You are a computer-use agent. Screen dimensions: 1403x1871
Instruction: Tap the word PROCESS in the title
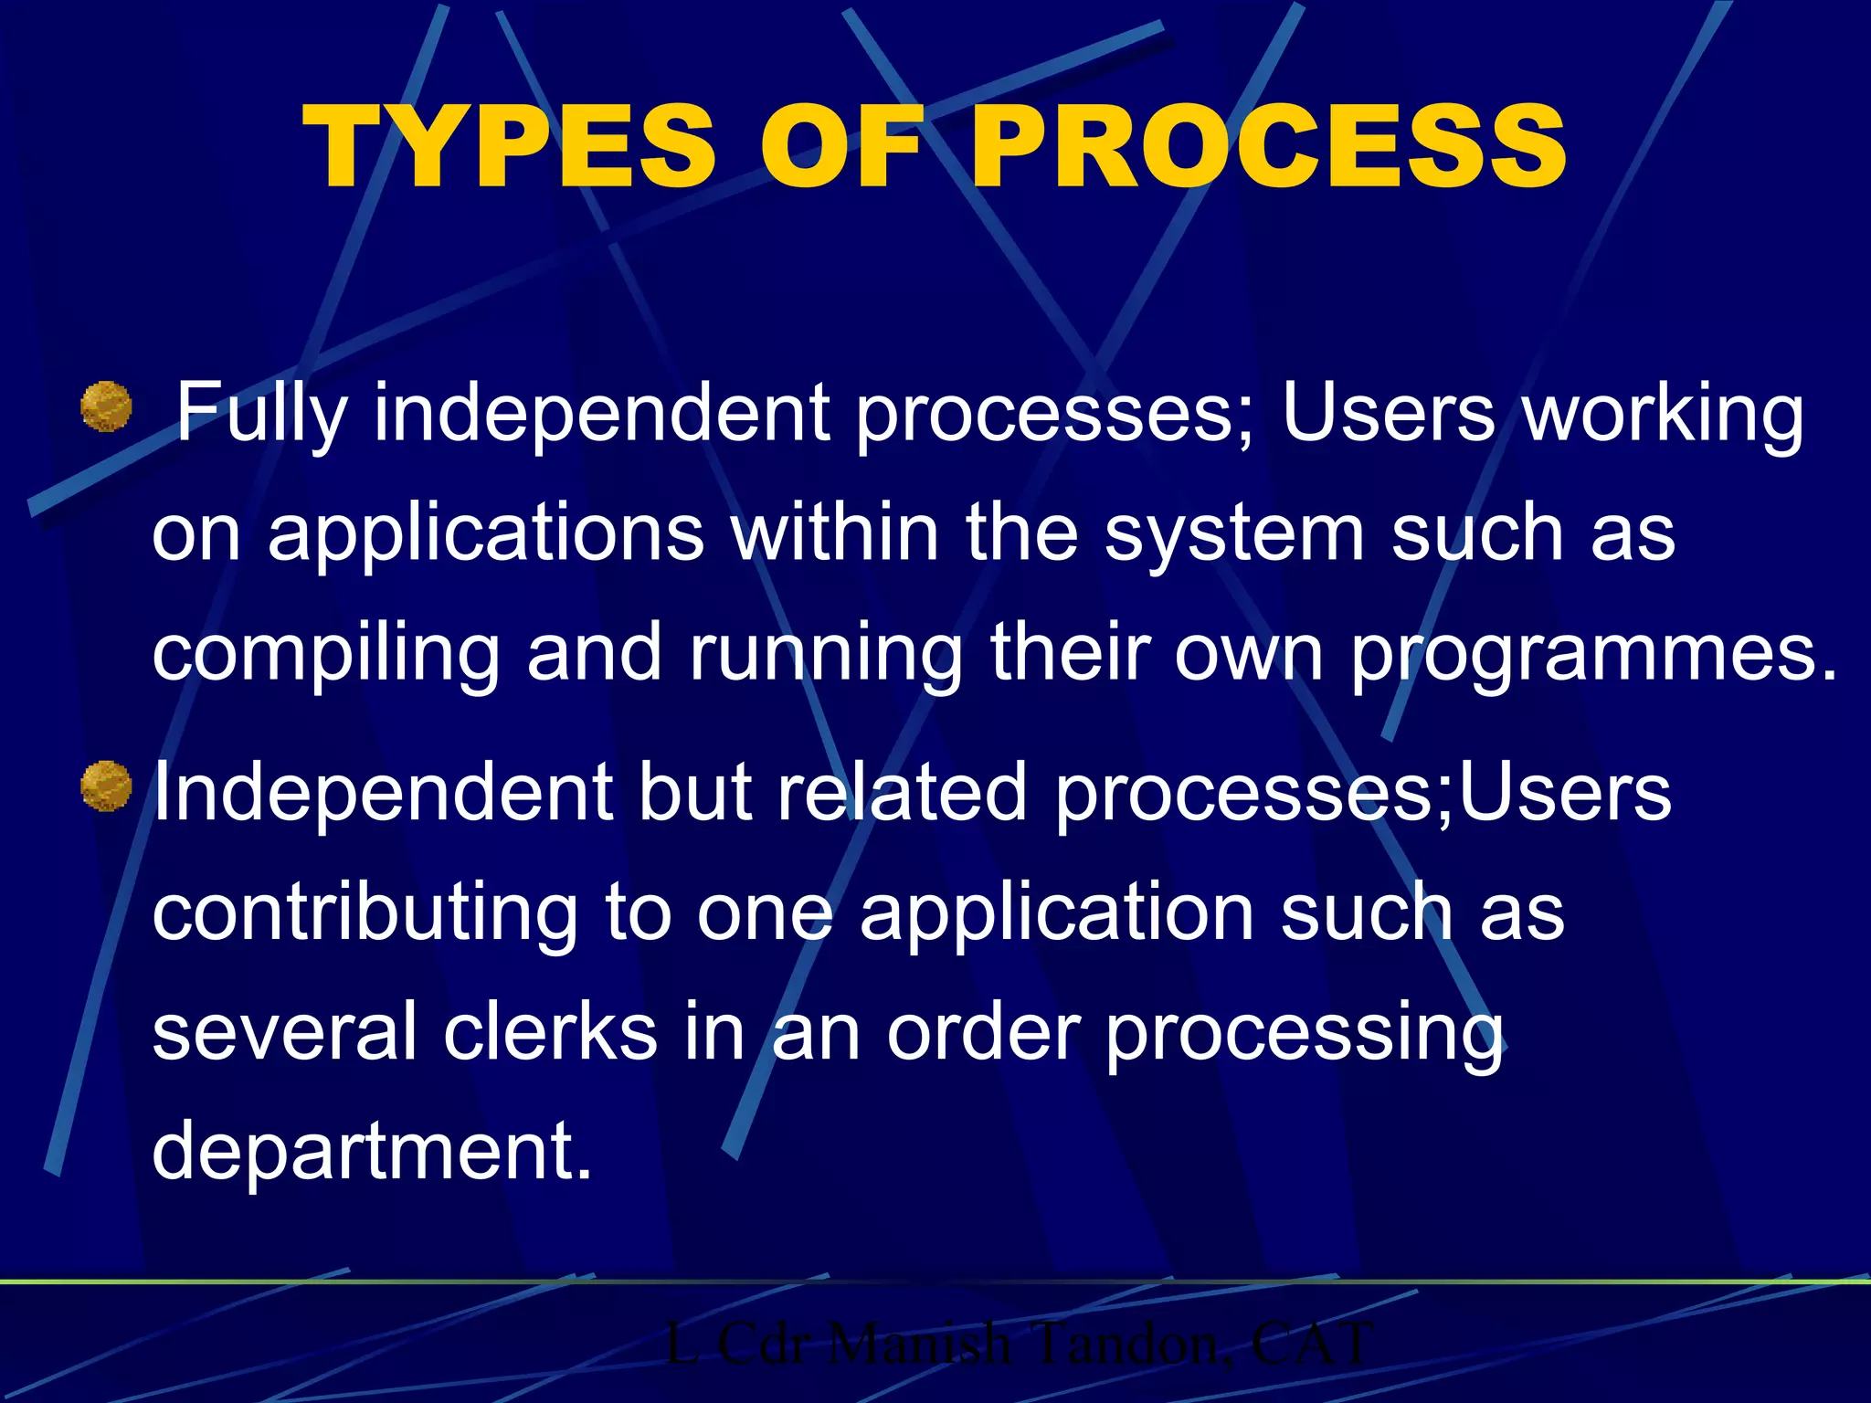pos(1269,148)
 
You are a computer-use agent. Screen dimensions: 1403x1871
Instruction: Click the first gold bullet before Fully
pos(106,406)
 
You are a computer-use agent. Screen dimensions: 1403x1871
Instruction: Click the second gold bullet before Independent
pos(106,786)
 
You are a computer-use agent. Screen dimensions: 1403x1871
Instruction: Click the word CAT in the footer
pos(1310,1344)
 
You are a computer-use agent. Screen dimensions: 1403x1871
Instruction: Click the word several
pos(284,1032)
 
